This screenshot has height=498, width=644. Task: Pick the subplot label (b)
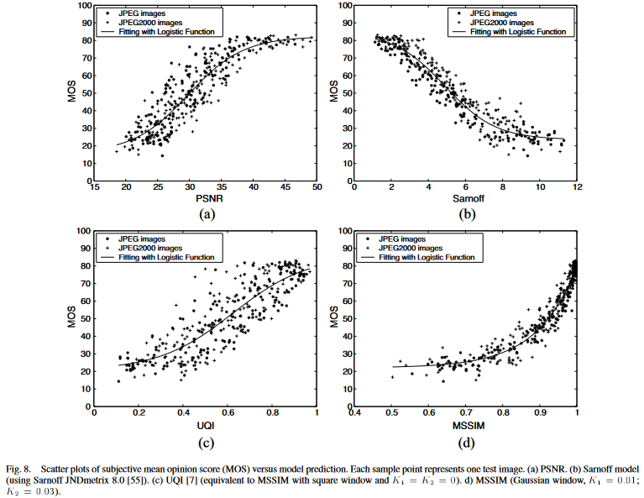click(466, 215)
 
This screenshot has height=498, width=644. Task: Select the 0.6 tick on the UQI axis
click(228, 414)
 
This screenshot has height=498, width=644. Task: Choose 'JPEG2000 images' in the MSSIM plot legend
click(411, 248)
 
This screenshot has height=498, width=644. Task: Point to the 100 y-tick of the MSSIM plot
click(343, 231)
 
